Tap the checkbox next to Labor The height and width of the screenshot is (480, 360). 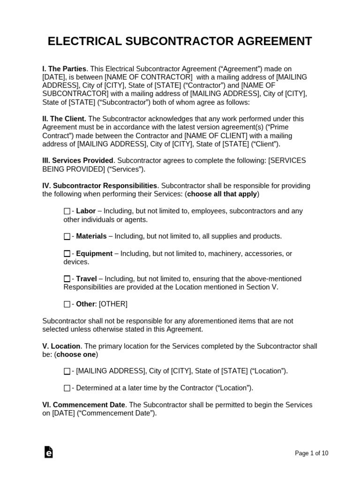(x=67, y=211)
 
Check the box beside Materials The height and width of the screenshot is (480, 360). (x=67, y=237)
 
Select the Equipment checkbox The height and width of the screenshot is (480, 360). (x=67, y=254)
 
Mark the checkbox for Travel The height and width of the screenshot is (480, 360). (x=67, y=279)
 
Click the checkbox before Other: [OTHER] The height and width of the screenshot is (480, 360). (x=67, y=304)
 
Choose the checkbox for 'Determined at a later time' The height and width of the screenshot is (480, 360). (x=67, y=388)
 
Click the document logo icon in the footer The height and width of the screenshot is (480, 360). (x=48, y=452)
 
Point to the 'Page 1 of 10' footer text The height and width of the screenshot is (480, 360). (x=311, y=453)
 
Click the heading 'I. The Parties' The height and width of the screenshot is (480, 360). (x=64, y=69)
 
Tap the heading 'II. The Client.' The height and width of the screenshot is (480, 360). (x=64, y=119)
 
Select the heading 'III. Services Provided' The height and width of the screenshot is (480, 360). (x=78, y=161)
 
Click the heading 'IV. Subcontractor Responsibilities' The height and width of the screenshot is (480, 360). (x=100, y=186)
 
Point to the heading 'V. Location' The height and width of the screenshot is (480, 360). (x=61, y=346)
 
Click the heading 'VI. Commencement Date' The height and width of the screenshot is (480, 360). (x=84, y=405)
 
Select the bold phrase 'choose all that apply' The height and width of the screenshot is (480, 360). (x=222, y=194)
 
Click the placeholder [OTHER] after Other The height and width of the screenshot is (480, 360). (x=113, y=304)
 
